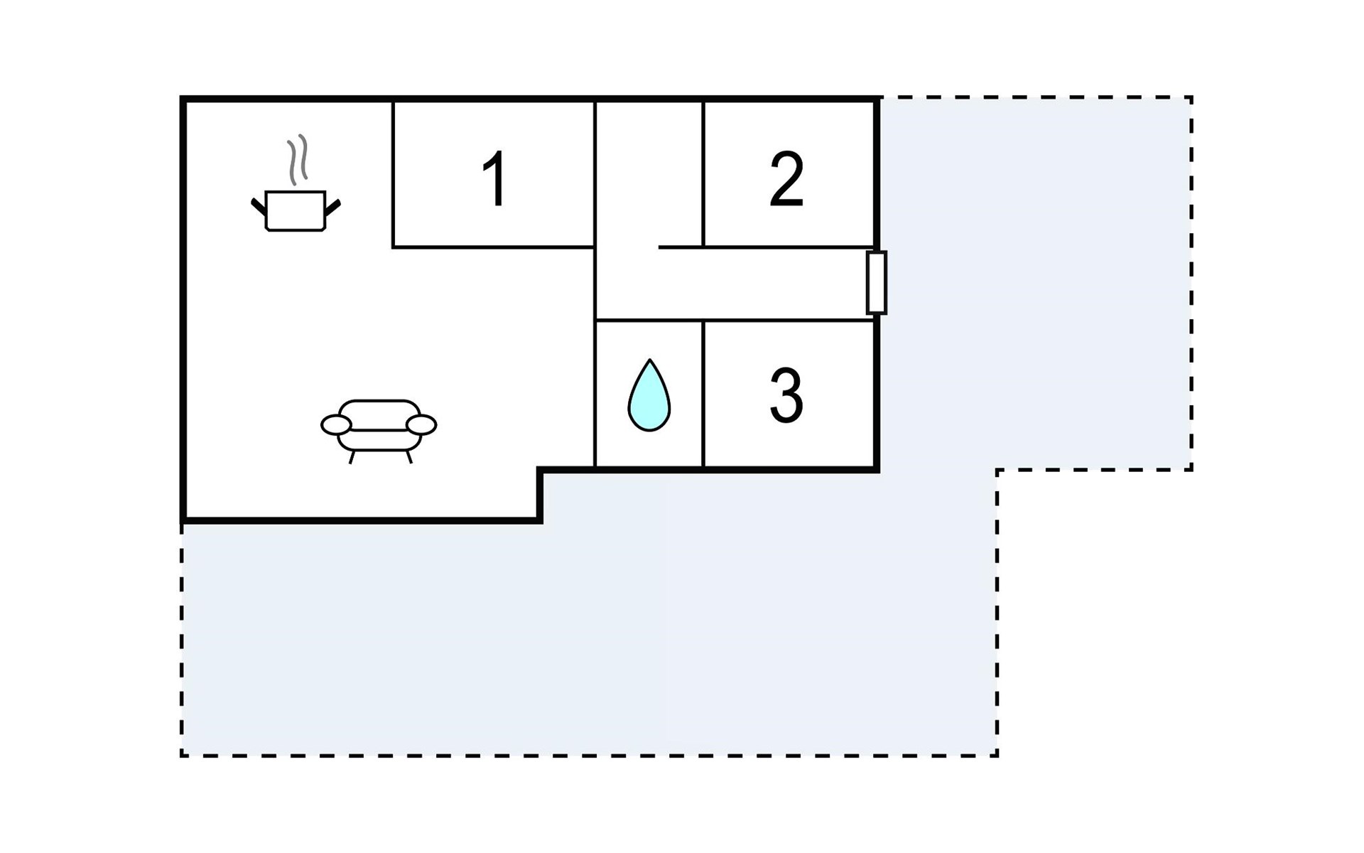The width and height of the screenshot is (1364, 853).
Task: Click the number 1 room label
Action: [x=495, y=178]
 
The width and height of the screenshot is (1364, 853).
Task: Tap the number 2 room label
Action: [x=786, y=180]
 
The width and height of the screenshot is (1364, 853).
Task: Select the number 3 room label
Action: [x=786, y=395]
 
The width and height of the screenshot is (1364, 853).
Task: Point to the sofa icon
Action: [x=379, y=427]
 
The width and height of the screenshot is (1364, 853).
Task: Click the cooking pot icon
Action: [x=296, y=210]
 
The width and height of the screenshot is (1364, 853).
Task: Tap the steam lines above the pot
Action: [x=298, y=159]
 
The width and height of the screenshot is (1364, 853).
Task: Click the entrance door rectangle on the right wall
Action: [x=877, y=282]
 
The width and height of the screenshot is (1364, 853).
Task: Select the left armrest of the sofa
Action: [x=336, y=425]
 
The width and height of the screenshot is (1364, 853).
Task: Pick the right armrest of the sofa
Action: [x=421, y=425]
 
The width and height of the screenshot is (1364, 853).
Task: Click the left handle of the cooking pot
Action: [x=259, y=206]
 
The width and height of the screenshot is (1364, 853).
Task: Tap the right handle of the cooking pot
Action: [x=332, y=207]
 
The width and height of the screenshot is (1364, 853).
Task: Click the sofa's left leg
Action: [x=352, y=456]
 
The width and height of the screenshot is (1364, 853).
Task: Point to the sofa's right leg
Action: [x=408, y=456]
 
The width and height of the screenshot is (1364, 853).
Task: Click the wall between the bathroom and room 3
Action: [x=703, y=395]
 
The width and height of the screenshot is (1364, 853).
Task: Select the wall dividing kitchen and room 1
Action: [x=393, y=174]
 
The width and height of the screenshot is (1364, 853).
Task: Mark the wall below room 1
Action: [x=494, y=247]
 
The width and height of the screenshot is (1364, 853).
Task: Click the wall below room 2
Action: [x=787, y=247]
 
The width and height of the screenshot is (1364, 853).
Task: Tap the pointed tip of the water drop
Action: [x=649, y=361]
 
